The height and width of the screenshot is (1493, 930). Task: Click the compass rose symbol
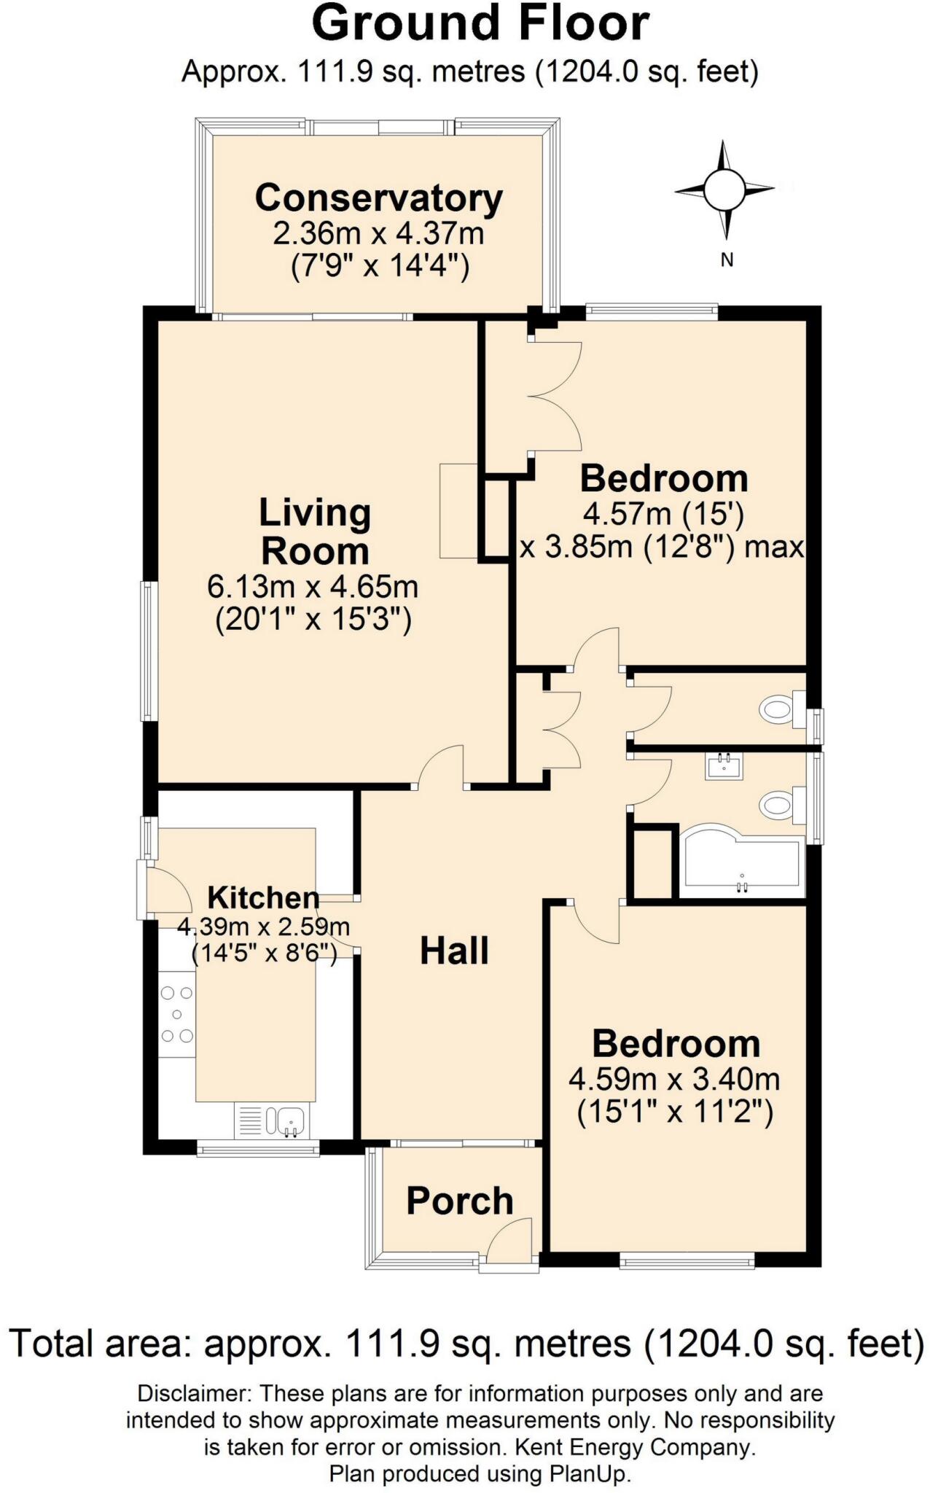click(x=724, y=190)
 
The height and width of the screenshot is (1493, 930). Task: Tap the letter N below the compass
click(x=727, y=260)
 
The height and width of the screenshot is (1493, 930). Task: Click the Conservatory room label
click(x=378, y=198)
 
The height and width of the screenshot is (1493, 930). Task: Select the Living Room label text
click(x=315, y=531)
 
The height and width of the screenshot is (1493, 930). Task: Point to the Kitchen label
click(x=263, y=897)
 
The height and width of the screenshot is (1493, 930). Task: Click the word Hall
click(x=454, y=951)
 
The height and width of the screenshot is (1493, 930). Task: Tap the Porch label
click(x=459, y=1201)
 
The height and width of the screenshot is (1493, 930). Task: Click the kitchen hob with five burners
click(x=177, y=1014)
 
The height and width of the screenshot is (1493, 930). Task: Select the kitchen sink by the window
click(x=290, y=1120)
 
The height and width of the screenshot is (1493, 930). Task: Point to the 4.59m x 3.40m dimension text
click(x=674, y=1078)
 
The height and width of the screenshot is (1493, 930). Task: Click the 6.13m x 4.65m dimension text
click(x=313, y=586)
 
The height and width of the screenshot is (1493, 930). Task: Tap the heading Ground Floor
click(x=480, y=23)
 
